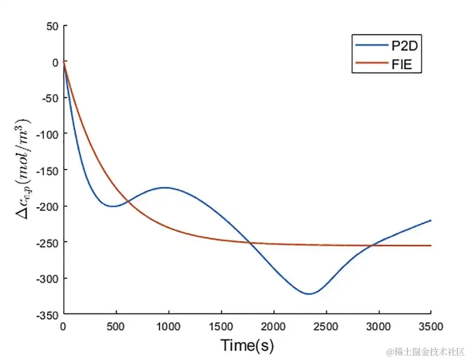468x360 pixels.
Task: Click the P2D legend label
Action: point(404,47)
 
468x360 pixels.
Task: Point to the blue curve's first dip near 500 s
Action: point(113,206)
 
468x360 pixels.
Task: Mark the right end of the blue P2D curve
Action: point(431,220)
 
